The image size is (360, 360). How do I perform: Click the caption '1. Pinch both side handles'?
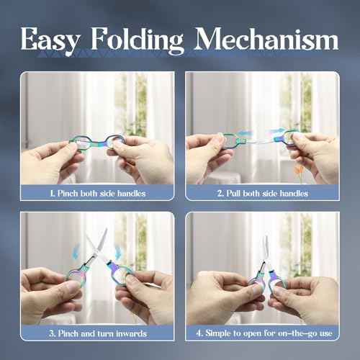pos(97,193)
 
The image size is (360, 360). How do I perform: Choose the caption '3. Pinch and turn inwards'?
pos(97,333)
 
